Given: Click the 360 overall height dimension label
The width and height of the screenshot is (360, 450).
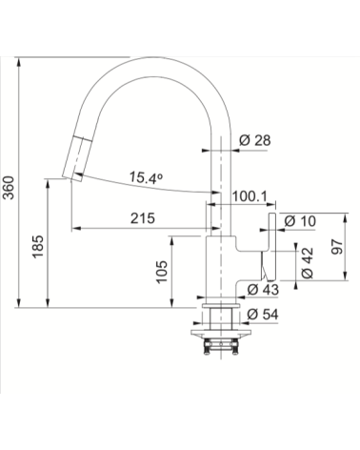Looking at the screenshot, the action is tap(9, 188).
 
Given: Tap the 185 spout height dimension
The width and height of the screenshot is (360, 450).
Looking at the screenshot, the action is tap(38, 247).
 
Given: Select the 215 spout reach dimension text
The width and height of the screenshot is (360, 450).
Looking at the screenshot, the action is tap(143, 218).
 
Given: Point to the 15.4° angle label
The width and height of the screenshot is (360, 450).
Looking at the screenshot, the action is tap(146, 178).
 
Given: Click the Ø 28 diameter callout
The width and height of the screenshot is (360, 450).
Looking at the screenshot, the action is tap(255, 140).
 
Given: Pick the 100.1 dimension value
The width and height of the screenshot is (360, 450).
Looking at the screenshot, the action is tap(250, 196).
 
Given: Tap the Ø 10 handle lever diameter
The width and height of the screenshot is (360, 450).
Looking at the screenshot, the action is tap(300, 221).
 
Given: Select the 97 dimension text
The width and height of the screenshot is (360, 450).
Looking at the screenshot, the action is tap(337, 246).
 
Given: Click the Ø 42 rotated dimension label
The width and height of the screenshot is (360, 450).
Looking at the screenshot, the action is tap(308, 263).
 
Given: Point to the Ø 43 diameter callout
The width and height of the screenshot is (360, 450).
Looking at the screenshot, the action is tap(263, 289).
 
